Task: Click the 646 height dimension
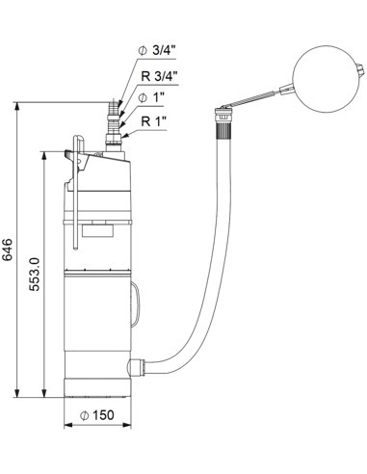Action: point(9,249)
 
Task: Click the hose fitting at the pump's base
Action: point(138,368)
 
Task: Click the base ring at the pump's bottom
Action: point(94,384)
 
